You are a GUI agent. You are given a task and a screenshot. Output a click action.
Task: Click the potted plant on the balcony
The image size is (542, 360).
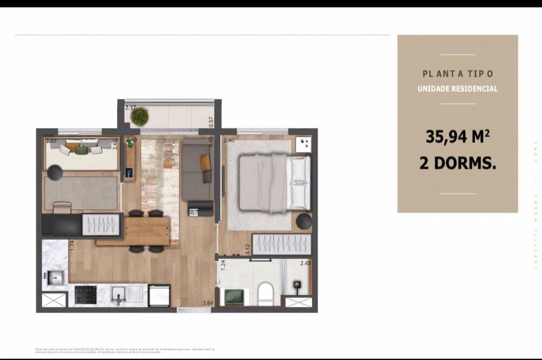140,115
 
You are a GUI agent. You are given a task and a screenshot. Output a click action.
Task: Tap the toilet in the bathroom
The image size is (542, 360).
266,293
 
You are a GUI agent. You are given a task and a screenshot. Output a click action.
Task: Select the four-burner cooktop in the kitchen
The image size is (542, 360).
86,295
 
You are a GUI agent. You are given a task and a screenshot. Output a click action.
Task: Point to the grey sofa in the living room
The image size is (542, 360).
196,169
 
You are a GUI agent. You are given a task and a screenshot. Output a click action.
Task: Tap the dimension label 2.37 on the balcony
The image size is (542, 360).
131,107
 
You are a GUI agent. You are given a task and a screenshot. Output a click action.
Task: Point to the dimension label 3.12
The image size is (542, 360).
247,249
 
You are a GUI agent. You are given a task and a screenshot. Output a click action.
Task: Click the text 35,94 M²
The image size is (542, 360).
457,137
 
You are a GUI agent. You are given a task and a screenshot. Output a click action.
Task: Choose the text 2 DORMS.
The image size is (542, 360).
457,163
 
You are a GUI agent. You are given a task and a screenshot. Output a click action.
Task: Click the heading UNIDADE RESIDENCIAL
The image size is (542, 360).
457,89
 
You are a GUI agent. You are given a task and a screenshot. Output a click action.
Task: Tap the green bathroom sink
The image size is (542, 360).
234,297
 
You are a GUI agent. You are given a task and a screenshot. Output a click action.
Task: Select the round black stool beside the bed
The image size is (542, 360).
304,221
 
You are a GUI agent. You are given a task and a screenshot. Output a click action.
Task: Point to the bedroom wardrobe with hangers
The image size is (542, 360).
282,245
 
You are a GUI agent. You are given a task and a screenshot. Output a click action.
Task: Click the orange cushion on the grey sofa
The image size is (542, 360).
205,162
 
